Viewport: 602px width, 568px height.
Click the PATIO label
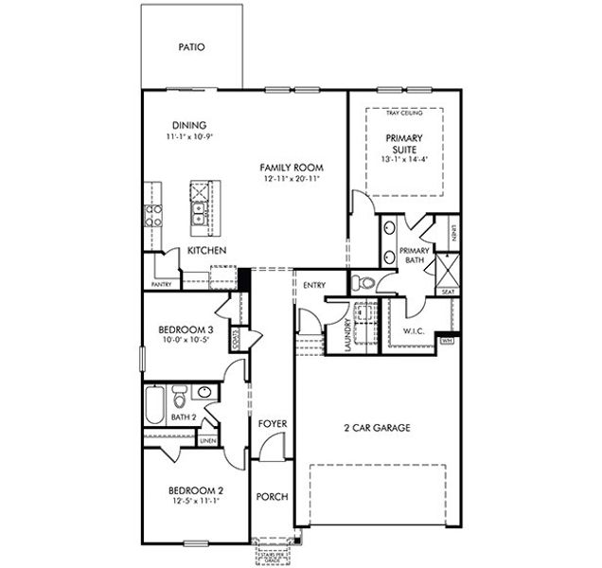[190, 46]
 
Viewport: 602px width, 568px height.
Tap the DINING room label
[189, 126]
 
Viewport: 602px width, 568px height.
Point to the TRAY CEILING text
[404, 114]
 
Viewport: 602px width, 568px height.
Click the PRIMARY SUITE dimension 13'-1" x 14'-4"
[404, 160]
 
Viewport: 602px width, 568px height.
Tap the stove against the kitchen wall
[151, 215]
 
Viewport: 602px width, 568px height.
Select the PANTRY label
[161, 284]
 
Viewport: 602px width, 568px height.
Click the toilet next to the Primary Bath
[363, 282]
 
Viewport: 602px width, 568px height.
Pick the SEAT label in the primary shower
[448, 293]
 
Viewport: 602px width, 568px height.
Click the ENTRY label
[314, 284]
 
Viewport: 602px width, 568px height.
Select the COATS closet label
[235, 338]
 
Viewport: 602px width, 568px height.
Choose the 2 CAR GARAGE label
[377, 428]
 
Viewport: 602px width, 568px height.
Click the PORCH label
[273, 497]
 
